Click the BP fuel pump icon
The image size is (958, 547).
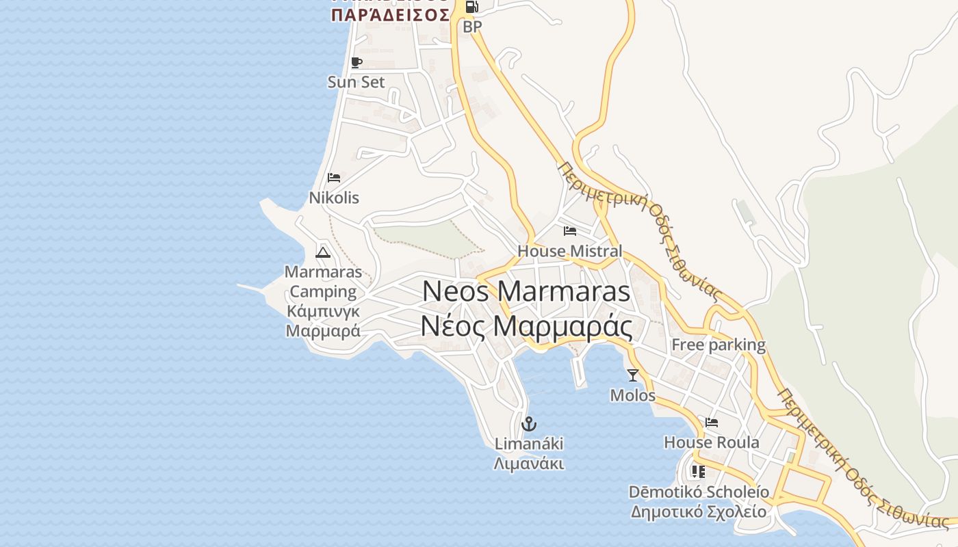click(x=471, y=8)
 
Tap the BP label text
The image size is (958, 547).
click(x=472, y=27)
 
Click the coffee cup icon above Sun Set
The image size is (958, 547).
click(x=356, y=63)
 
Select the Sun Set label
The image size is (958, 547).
click(x=356, y=82)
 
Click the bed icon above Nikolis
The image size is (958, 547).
click(x=334, y=178)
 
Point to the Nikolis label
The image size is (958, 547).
click(x=334, y=198)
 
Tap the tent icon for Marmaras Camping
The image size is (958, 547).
click(x=323, y=252)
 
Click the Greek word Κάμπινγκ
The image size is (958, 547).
click(x=323, y=312)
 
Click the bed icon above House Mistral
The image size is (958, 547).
click(x=570, y=231)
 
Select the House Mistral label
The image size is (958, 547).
click(x=570, y=251)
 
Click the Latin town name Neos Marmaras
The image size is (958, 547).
click(x=526, y=291)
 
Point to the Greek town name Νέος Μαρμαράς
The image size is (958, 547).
click(x=526, y=327)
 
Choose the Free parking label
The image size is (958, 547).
click(x=718, y=345)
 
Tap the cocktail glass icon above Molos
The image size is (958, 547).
click(x=632, y=375)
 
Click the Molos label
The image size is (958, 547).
click(x=632, y=395)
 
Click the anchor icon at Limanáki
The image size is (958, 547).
click(x=528, y=424)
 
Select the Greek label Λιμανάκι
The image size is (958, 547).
click(x=528, y=464)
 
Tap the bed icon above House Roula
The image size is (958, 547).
click(x=712, y=423)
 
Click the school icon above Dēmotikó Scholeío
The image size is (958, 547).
click(x=698, y=472)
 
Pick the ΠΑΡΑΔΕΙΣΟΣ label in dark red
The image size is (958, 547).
click(x=390, y=14)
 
